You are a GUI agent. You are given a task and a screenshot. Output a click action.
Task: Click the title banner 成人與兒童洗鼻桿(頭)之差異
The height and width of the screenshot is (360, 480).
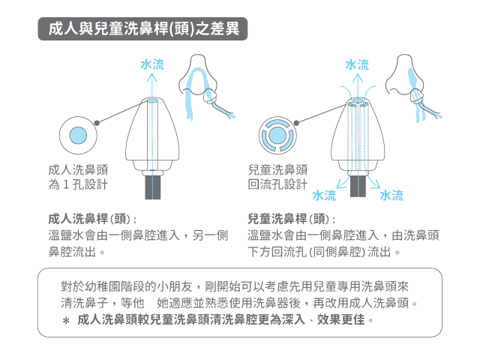pyautogui.click(x=142, y=28)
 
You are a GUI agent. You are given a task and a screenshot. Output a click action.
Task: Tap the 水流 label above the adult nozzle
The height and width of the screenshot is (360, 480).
pyautogui.click(x=152, y=64)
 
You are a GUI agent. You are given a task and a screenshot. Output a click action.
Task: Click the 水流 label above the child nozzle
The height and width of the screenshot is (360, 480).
pyautogui.click(x=357, y=64)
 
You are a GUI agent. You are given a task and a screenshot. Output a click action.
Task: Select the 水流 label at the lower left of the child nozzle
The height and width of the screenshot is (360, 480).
pyautogui.click(x=324, y=195)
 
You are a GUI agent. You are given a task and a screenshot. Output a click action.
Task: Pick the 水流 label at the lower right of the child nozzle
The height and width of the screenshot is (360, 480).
pyautogui.click(x=391, y=195)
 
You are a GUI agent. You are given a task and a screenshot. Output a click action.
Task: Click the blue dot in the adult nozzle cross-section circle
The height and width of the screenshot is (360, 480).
pyautogui.click(x=78, y=135)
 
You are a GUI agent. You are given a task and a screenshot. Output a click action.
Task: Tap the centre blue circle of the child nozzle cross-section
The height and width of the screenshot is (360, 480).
pyautogui.click(x=277, y=135)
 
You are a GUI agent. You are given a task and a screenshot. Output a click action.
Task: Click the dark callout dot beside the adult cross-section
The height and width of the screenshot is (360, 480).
pyautogui.click(x=97, y=123)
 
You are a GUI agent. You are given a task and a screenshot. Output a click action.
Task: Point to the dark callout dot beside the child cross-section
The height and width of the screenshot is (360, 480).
pyautogui.click(x=296, y=123)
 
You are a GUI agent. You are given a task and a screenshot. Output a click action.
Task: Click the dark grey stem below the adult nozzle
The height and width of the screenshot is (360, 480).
pyautogui.click(x=153, y=187)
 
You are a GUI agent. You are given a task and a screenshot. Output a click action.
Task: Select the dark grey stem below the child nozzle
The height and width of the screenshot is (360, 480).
pyautogui.click(x=358, y=186)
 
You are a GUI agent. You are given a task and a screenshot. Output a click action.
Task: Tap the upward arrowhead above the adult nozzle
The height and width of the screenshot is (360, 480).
pyautogui.click(x=151, y=78)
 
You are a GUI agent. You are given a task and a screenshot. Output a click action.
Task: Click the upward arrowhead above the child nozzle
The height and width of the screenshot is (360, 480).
pyautogui.click(x=357, y=78)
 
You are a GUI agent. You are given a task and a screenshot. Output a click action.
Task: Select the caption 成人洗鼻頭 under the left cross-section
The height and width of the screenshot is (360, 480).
pyautogui.click(x=78, y=169)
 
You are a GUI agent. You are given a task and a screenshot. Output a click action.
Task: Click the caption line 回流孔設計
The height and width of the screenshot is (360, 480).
pyautogui.click(x=277, y=184)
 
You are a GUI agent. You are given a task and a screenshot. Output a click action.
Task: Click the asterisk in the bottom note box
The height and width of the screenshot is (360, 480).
pyautogui.click(x=66, y=321)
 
